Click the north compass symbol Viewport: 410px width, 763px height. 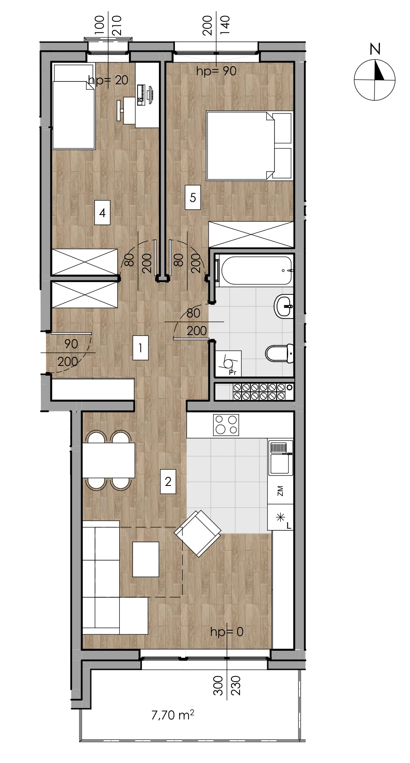(375, 80)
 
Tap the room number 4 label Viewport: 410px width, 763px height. (102, 213)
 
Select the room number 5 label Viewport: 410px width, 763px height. (193, 197)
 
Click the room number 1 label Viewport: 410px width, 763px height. (140, 348)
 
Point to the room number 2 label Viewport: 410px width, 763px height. (168, 481)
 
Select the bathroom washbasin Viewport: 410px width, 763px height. (284, 306)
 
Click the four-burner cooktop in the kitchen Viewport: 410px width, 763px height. (226, 425)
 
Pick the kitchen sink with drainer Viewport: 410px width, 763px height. (280, 458)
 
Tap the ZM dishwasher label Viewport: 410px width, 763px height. (280, 490)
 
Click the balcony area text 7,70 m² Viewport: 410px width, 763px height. (172, 715)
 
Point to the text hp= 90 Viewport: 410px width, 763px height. (216, 71)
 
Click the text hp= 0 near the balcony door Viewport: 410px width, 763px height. (226, 631)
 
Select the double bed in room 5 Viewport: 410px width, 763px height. (249, 146)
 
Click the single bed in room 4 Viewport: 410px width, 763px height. (74, 106)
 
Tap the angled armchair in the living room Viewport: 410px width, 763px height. (198, 534)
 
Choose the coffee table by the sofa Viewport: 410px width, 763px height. (146, 559)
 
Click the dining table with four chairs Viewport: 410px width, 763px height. (109, 460)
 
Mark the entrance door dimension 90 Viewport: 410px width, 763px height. (71, 344)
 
